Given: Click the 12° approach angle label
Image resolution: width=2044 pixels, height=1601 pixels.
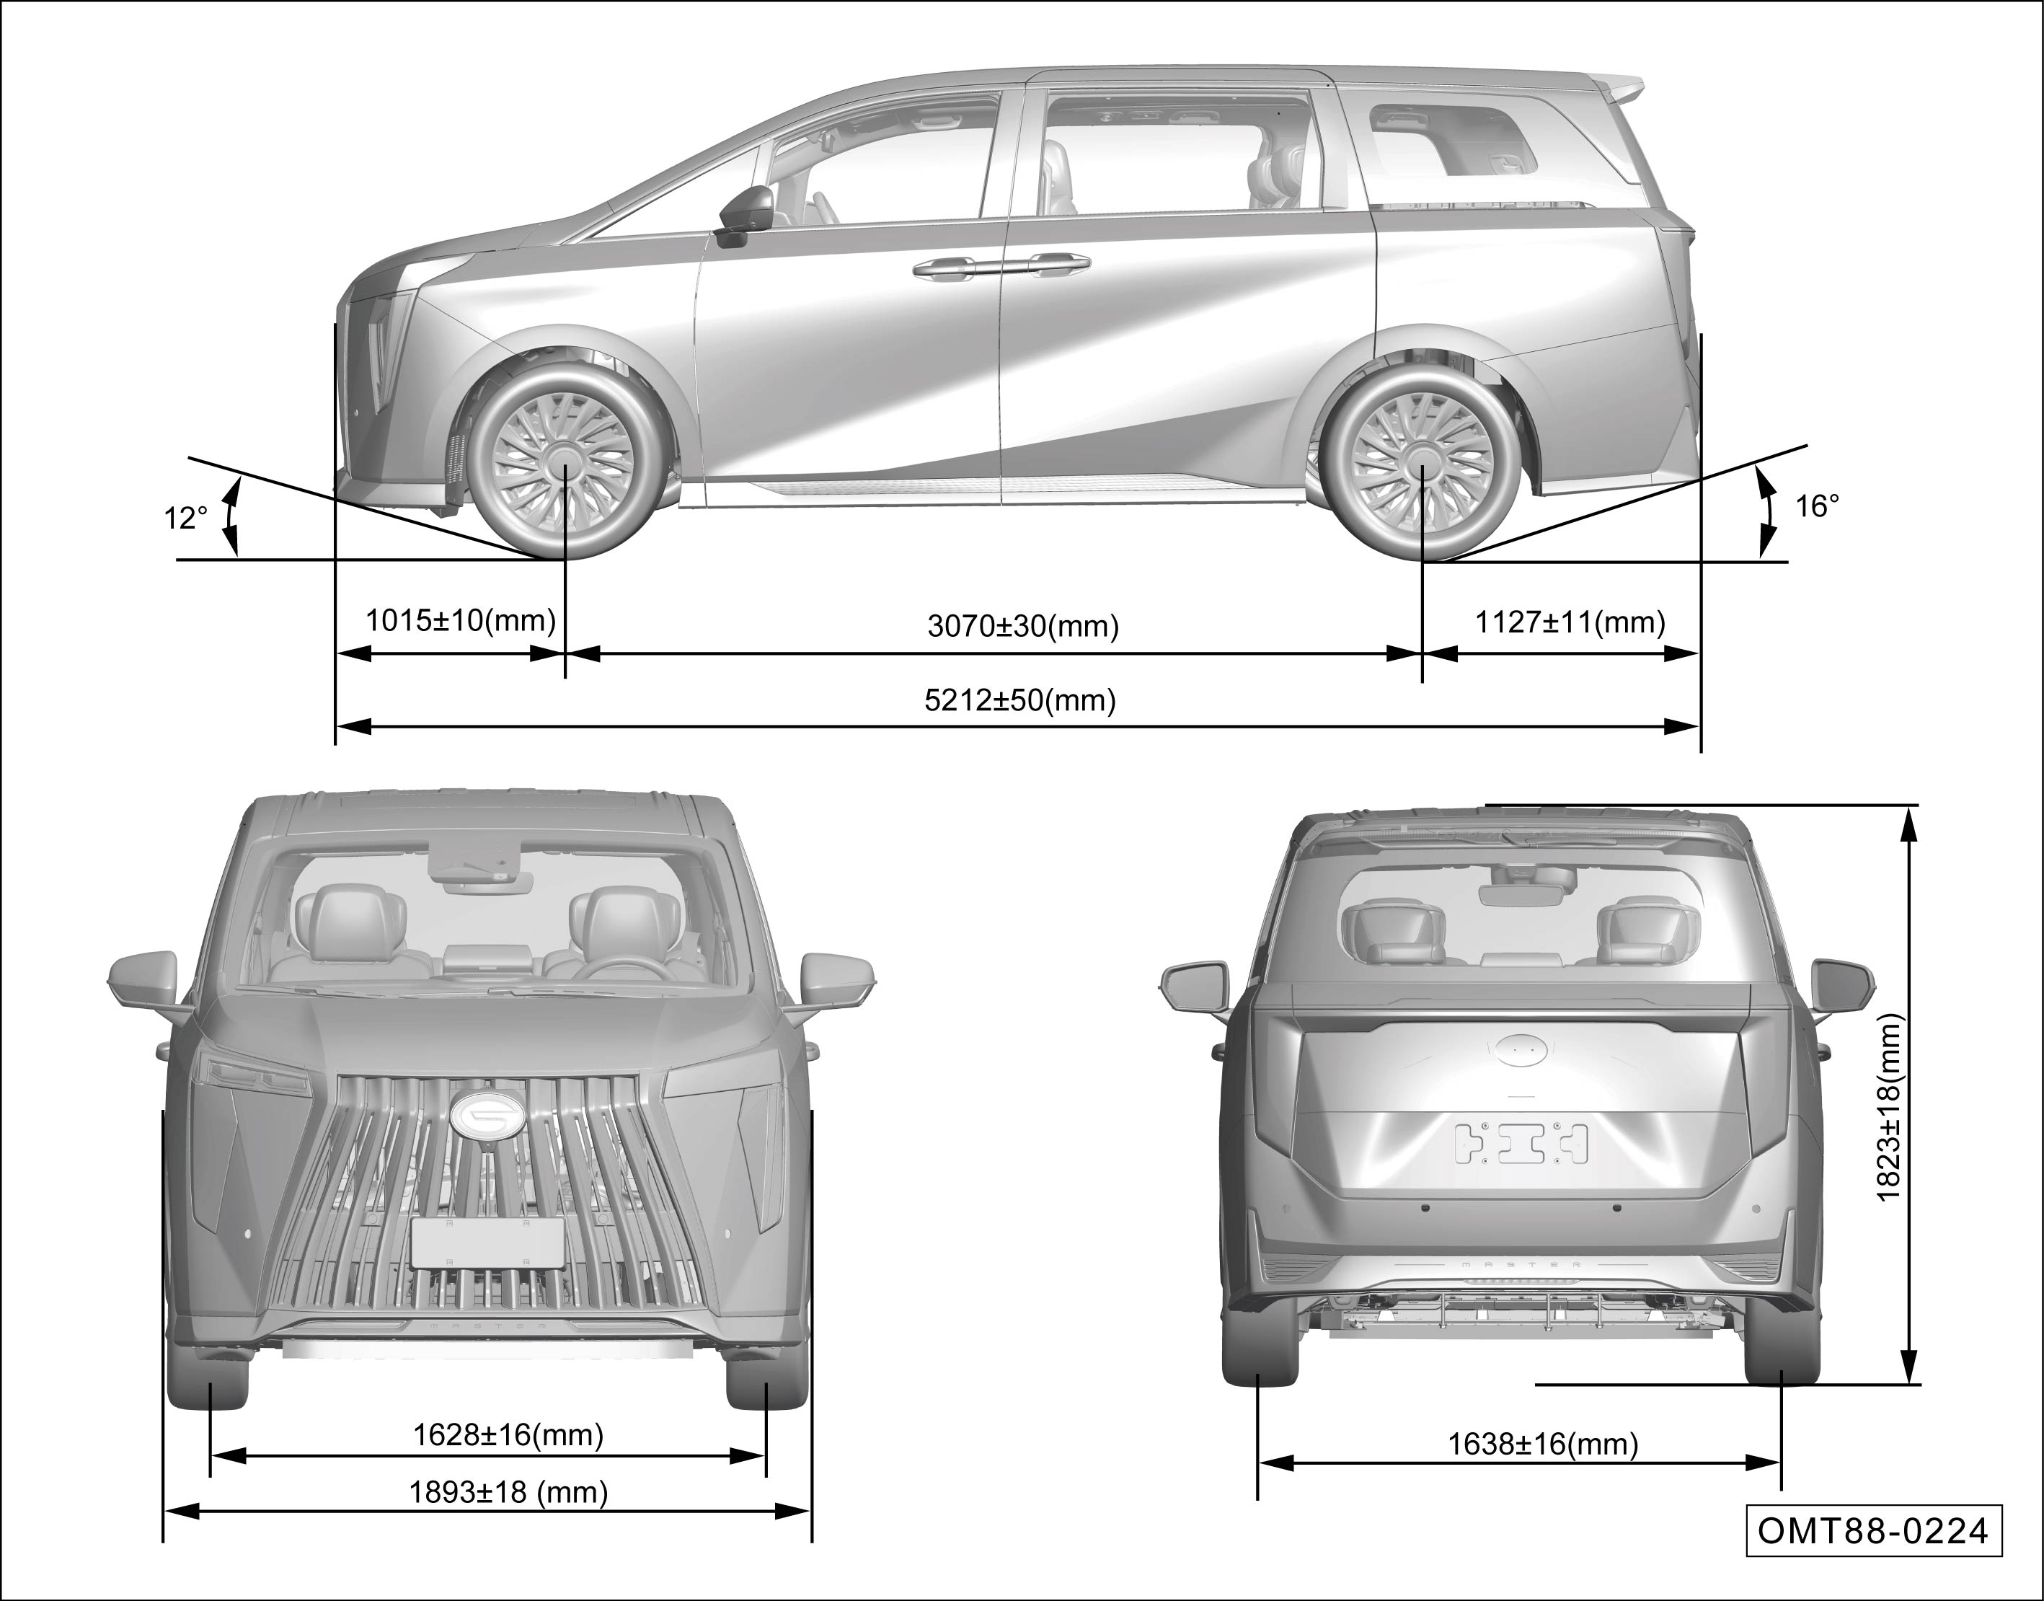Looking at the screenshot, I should pos(185,519).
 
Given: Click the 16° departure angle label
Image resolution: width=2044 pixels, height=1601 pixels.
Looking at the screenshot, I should pos(1816,507).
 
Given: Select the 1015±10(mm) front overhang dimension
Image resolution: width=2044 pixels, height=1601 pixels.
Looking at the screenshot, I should pos(460,620).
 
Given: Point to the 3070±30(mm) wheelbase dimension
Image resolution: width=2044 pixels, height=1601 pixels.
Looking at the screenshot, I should pos(1022,626).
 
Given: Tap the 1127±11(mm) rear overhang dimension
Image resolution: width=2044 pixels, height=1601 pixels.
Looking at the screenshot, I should pos(1570,622).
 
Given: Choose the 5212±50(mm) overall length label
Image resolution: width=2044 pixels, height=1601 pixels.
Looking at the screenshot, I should pos(1019,700).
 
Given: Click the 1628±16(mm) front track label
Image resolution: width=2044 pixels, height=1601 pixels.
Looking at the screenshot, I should pos(508,1435).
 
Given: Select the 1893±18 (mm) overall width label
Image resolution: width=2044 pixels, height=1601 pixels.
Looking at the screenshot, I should pos(508,1491).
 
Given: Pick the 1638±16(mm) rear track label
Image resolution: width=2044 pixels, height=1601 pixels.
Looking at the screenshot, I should pos(1543,1445).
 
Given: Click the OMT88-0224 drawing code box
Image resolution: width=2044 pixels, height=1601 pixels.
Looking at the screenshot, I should pos(1872,1532).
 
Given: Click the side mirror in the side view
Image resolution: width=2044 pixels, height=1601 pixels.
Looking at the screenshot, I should pos(746,213).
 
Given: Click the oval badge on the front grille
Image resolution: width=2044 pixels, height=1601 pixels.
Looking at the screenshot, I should pos(487,1114).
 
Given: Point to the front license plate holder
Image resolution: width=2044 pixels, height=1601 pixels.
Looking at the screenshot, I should pos(487,1243).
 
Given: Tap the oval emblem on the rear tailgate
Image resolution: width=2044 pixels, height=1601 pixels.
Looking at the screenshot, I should pos(1520,1050).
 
